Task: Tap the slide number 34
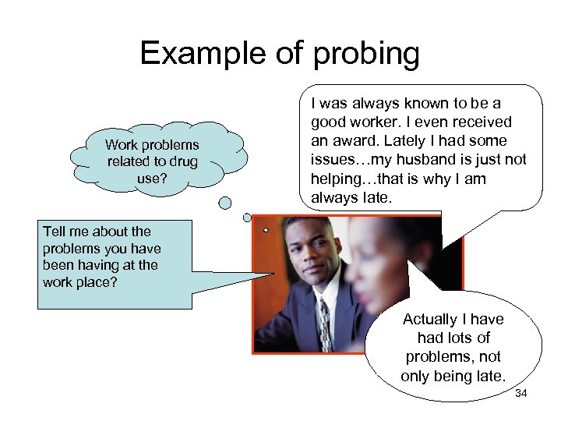521,394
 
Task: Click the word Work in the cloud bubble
121,145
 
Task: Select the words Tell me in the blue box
69,231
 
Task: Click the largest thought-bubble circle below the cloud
225,203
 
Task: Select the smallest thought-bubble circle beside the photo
266,231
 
